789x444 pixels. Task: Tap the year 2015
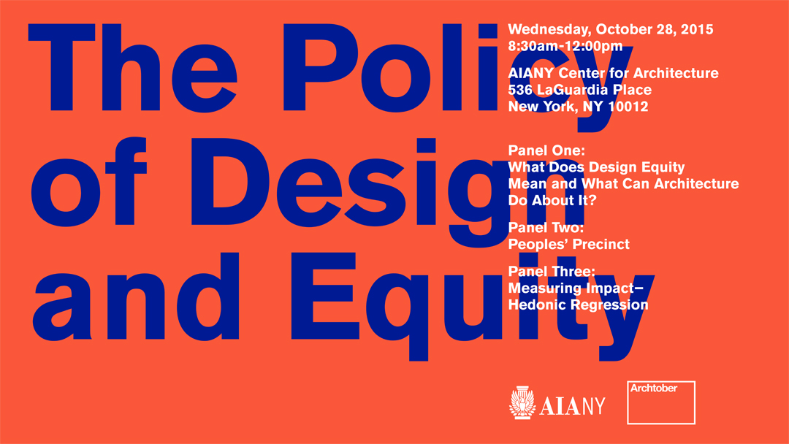697,29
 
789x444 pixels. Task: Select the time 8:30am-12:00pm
565,46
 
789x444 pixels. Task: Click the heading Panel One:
546,150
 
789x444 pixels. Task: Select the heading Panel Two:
546,228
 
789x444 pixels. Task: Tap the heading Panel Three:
552,272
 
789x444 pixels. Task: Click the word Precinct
599,245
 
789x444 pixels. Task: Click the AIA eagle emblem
522,403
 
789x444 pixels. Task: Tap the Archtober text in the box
654,388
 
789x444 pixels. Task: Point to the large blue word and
136,296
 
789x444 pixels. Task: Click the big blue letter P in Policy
321,67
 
